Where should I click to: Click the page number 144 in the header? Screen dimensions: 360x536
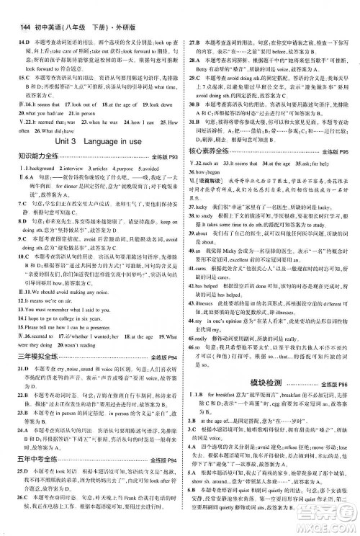17,7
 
